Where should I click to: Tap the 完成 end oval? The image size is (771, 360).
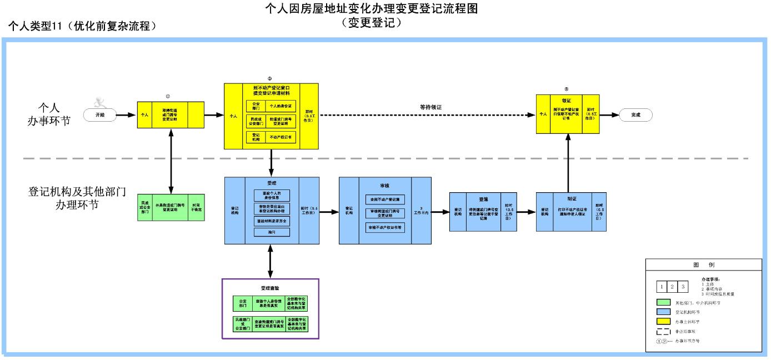[x=635, y=114]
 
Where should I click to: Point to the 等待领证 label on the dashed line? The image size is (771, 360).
[x=434, y=106]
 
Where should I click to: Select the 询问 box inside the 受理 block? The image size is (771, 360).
[x=272, y=232]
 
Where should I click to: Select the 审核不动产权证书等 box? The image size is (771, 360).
[x=385, y=227]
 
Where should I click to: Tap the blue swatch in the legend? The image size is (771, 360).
[x=664, y=312]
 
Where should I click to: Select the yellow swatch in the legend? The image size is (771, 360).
[x=664, y=322]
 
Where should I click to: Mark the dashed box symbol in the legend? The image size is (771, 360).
[x=664, y=331]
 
